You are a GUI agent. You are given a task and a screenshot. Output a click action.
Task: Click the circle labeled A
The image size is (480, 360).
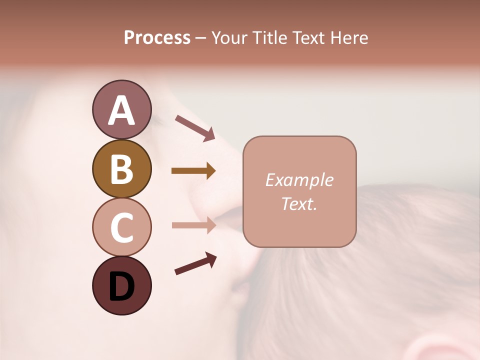pyautogui.click(x=121, y=109)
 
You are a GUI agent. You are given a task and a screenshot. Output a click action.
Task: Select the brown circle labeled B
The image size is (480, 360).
pyautogui.click(x=121, y=168)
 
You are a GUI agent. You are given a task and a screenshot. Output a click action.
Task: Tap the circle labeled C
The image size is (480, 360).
pyautogui.click(x=121, y=227)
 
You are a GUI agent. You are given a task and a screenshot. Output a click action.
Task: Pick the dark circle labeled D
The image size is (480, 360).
pyautogui.click(x=121, y=285)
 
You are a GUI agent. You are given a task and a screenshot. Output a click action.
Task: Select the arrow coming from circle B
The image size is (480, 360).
pyautogui.click(x=193, y=171)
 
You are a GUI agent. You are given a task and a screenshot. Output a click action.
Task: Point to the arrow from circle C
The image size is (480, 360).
pyautogui.click(x=193, y=225)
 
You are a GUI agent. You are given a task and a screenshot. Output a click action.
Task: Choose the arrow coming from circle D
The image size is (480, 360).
pyautogui.click(x=195, y=263)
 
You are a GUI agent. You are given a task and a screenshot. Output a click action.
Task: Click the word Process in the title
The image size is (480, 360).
pyautogui.click(x=157, y=38)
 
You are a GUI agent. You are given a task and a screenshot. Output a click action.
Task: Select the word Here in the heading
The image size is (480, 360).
pyautogui.click(x=349, y=38)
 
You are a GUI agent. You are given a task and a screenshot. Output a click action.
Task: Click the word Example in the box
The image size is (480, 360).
pyautogui.click(x=299, y=180)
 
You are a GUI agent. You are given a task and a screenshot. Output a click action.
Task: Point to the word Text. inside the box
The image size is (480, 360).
pyautogui.click(x=299, y=203)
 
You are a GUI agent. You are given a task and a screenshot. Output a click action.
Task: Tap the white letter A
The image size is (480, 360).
pyautogui.click(x=121, y=110)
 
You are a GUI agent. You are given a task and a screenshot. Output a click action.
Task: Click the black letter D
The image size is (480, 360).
pyautogui.click(x=121, y=286)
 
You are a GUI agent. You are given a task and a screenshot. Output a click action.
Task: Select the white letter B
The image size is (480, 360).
pyautogui.click(x=121, y=169)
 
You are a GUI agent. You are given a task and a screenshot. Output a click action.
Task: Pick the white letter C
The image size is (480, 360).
pyautogui.click(x=121, y=227)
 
